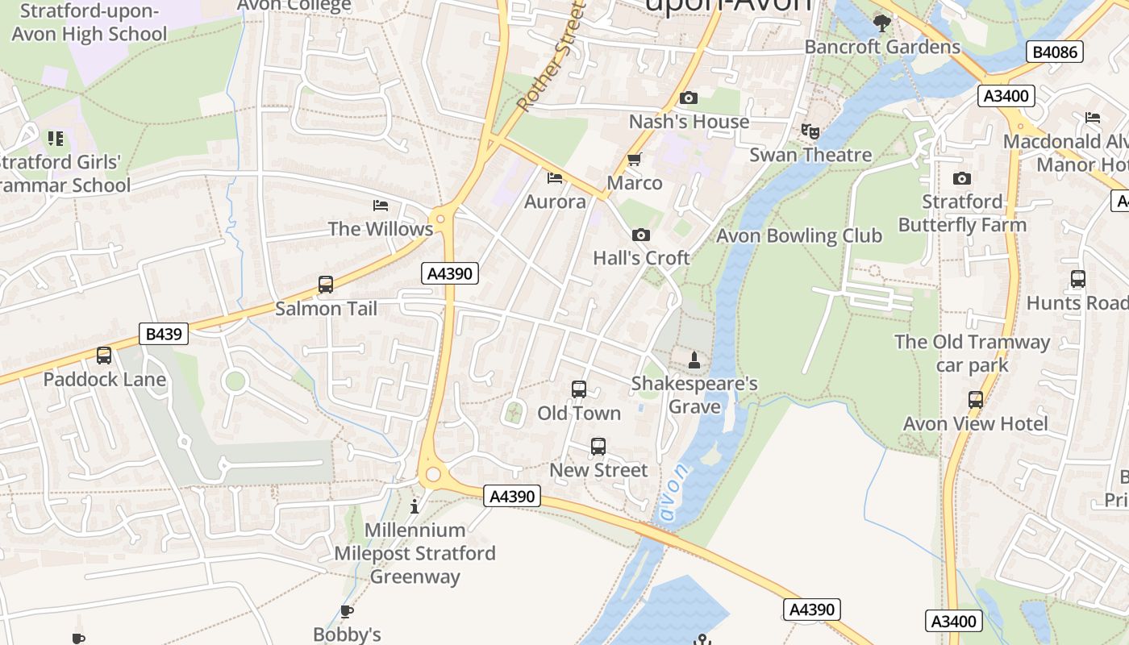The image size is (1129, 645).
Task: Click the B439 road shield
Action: point(164,334)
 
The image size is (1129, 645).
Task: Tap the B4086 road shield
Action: point(1054,52)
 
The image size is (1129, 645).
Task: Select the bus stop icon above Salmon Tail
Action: point(326,284)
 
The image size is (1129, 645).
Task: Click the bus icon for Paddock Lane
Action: point(104,355)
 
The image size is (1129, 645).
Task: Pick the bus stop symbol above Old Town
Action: point(579,389)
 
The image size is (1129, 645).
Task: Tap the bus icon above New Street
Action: point(598,446)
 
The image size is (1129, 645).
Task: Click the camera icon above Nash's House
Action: point(689,98)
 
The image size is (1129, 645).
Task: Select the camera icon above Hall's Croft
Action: point(641,235)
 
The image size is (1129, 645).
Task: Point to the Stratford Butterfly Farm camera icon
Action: point(961,178)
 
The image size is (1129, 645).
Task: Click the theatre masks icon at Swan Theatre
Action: point(810,131)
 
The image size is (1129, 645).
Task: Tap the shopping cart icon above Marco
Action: point(635,159)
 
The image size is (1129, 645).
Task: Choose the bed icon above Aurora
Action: point(555,177)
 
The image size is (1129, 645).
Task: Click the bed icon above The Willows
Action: point(381,206)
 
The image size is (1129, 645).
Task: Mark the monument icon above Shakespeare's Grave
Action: point(694,360)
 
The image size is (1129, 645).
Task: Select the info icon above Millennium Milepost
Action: point(415,506)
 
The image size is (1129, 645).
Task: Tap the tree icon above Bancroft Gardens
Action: point(882,23)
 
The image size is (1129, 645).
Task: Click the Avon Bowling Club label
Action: point(799,236)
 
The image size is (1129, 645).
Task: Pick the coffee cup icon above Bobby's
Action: point(347,611)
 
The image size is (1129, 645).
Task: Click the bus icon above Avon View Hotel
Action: point(976,399)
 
